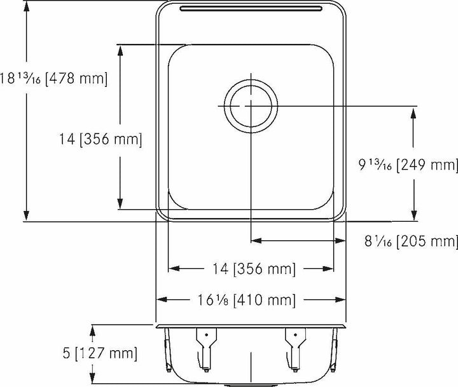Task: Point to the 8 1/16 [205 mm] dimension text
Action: pyautogui.click(x=410, y=241)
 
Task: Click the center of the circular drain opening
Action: pyautogui.click(x=251, y=104)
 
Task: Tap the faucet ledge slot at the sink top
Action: pyautogui.click(x=251, y=9)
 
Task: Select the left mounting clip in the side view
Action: pyautogui.click(x=205, y=346)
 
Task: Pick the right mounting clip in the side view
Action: pyautogui.click(x=294, y=346)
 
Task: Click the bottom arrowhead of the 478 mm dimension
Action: pyautogui.click(x=26, y=216)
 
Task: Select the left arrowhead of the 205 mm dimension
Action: pyautogui.click(x=256, y=241)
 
